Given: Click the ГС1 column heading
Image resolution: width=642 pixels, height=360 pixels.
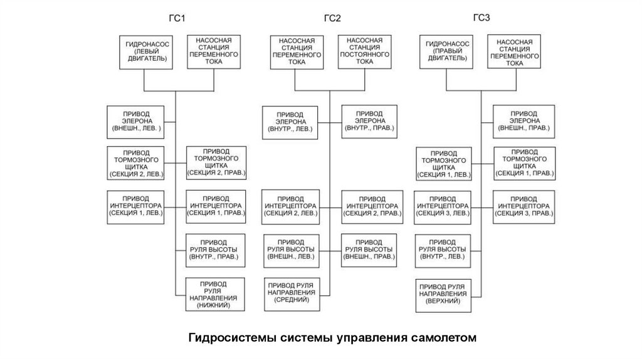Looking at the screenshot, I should (179, 18).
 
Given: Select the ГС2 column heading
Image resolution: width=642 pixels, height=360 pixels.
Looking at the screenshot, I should (332, 18).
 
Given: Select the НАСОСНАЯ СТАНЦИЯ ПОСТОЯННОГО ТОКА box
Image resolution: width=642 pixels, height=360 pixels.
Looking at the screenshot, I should (364, 51).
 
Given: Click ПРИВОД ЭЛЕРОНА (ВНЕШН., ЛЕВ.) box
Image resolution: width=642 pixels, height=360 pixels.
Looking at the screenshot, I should (136, 120).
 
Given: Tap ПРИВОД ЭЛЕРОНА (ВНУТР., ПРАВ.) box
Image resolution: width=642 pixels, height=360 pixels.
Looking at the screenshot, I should (369, 120).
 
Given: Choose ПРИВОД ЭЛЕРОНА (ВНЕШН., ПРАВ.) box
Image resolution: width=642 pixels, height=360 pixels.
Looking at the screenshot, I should (524, 120).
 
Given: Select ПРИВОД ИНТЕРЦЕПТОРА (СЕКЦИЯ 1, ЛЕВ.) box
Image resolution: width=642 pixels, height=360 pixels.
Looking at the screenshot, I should (136, 205).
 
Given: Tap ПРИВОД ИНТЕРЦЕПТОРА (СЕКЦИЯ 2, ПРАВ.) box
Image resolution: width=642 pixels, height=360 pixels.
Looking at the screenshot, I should (369, 205).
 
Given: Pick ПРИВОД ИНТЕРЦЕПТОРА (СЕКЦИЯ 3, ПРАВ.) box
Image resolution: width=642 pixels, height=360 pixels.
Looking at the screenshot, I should (524, 205).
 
